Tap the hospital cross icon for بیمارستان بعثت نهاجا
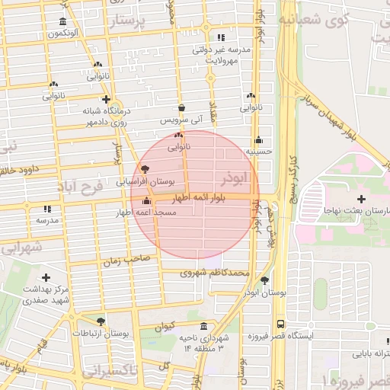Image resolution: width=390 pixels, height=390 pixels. pyautogui.click(x=361, y=198)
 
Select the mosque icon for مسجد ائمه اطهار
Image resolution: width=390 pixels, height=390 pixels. pyautogui.click(x=146, y=202)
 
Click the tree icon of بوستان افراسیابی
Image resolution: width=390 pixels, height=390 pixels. pyautogui.click(x=145, y=170)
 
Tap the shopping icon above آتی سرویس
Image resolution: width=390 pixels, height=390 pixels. pyautogui.click(x=181, y=108)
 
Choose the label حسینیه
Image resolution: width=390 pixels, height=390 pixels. pyautogui.click(x=259, y=152)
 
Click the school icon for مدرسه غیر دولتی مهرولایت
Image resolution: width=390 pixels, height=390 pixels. pyautogui.click(x=221, y=37)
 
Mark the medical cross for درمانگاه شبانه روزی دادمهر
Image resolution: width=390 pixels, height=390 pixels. pyautogui.click(x=106, y=99)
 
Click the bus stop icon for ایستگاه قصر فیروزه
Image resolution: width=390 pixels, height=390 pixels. pyautogui.click(x=281, y=324)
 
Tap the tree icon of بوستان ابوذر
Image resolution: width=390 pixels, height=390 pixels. pyautogui.click(x=264, y=280)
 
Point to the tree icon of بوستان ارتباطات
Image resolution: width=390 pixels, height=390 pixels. pyautogui.click(x=101, y=321)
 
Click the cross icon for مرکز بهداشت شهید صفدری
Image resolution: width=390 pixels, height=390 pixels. pyautogui.click(x=46, y=277)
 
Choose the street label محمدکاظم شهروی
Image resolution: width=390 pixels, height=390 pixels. pyautogui.click(x=216, y=272)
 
